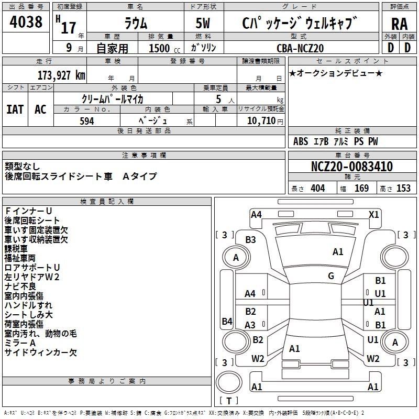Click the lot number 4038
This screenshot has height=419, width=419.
26,22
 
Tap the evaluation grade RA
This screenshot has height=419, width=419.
399,24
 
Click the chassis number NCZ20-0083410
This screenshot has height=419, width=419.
351,167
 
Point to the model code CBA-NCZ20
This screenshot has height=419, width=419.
300,48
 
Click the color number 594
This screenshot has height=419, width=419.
86,121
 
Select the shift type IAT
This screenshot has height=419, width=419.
15,109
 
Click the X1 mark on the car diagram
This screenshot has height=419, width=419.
373,214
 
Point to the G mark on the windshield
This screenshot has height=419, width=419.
331,275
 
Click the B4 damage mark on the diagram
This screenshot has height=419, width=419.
227,321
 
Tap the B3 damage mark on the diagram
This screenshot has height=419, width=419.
250,239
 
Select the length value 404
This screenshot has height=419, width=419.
317,189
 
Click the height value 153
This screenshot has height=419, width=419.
403,189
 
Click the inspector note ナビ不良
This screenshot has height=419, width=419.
20,286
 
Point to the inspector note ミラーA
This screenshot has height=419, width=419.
20,343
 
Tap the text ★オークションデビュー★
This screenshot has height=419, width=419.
336,73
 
